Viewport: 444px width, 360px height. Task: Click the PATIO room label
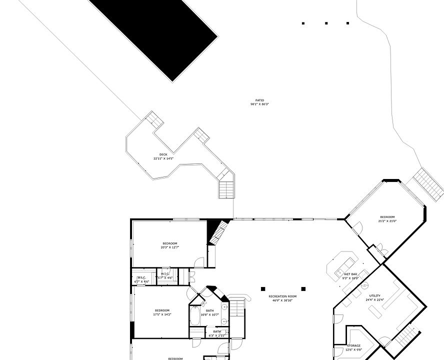click(x=259, y=100)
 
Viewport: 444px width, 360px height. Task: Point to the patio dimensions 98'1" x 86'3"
click(x=259, y=104)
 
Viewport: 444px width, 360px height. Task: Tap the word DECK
click(x=163, y=154)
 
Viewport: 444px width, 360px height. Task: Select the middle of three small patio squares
click(x=326, y=23)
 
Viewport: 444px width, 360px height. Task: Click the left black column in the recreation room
click(x=263, y=288)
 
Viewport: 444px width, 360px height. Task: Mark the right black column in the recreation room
click(x=303, y=288)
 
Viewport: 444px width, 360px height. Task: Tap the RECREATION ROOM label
click(x=282, y=296)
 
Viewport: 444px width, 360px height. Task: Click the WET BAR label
click(x=350, y=274)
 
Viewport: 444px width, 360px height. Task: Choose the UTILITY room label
click(x=374, y=296)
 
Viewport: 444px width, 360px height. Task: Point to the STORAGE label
click(x=354, y=345)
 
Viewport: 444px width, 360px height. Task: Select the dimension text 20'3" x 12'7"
click(x=169, y=247)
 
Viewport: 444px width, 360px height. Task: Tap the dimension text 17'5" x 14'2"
click(x=162, y=314)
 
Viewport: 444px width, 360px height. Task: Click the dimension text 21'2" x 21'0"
click(x=387, y=221)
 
